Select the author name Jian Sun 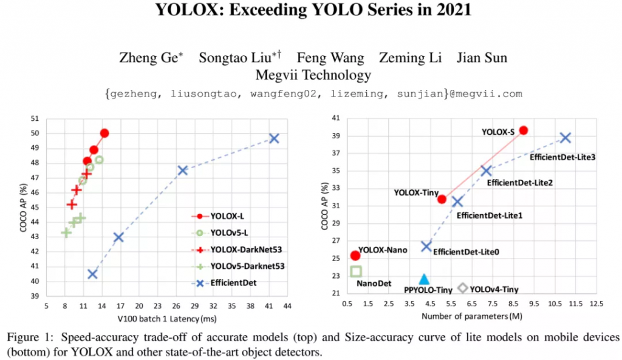(483, 58)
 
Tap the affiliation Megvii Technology (313, 75)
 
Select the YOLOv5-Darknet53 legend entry (247, 266)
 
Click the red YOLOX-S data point (523, 131)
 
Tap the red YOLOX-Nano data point (355, 256)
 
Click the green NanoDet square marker (356, 271)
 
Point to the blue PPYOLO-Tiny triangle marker (424, 279)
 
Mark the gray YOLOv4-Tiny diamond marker (463, 288)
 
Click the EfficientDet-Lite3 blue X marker (565, 138)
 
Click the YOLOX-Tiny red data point (442, 199)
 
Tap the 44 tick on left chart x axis (286, 306)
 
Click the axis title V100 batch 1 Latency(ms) (168, 318)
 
